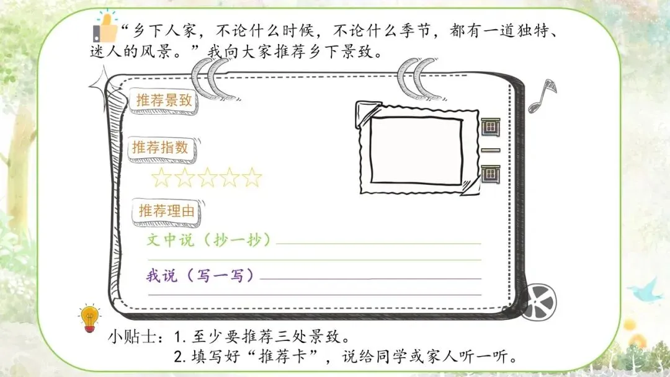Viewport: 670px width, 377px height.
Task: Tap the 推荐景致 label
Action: (x=164, y=101)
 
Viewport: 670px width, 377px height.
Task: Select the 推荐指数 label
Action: (x=159, y=148)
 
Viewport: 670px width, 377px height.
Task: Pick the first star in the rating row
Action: (x=161, y=179)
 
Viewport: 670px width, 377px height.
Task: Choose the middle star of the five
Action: (x=207, y=179)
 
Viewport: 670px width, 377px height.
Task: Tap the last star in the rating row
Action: (x=252, y=179)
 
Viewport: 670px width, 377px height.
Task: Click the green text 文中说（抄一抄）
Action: (x=210, y=240)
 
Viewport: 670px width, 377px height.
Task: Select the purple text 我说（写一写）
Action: (x=201, y=275)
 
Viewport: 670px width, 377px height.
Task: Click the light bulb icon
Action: (x=89, y=316)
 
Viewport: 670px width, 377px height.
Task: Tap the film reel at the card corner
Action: (x=538, y=302)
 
